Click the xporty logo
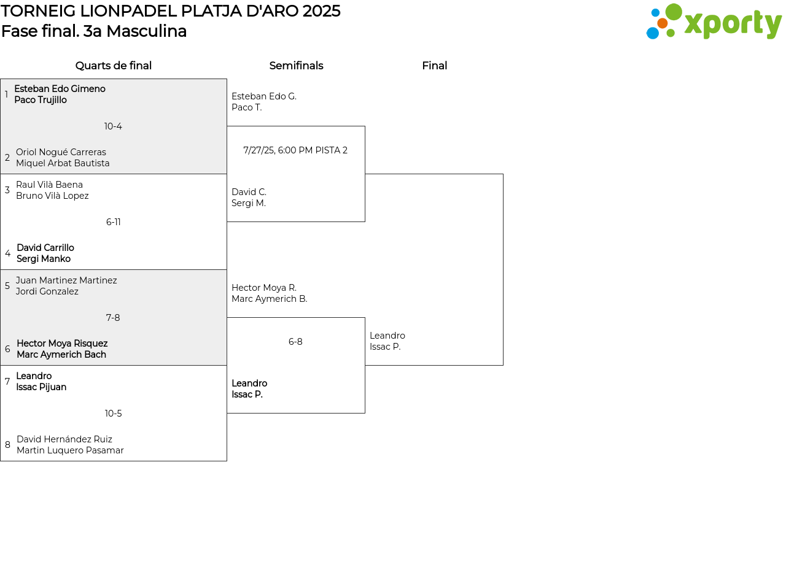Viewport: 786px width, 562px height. [714, 22]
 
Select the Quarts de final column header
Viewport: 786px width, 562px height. [114, 66]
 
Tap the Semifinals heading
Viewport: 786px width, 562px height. [296, 66]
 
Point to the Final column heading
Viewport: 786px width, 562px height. [434, 66]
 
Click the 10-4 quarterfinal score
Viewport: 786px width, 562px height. [113, 126]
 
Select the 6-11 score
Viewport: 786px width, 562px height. [113, 222]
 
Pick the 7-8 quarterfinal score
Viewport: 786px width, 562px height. [113, 318]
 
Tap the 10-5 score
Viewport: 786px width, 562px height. [113, 414]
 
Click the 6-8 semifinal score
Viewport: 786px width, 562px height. [295, 342]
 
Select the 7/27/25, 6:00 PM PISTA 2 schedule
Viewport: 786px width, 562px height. [295, 150]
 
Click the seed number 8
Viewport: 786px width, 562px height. [7, 445]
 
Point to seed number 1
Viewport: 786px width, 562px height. [6, 94]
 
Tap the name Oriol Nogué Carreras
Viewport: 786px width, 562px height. [61, 152]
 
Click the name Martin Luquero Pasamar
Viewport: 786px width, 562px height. [70, 450]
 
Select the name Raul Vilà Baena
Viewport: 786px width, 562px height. [49, 185]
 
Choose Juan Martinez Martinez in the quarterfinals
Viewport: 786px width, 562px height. [66, 280]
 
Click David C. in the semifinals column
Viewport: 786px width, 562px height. [249, 192]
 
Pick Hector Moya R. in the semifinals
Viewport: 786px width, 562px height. [264, 288]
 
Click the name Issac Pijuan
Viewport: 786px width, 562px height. [41, 387]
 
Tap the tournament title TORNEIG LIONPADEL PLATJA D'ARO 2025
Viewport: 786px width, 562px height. [171, 11]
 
